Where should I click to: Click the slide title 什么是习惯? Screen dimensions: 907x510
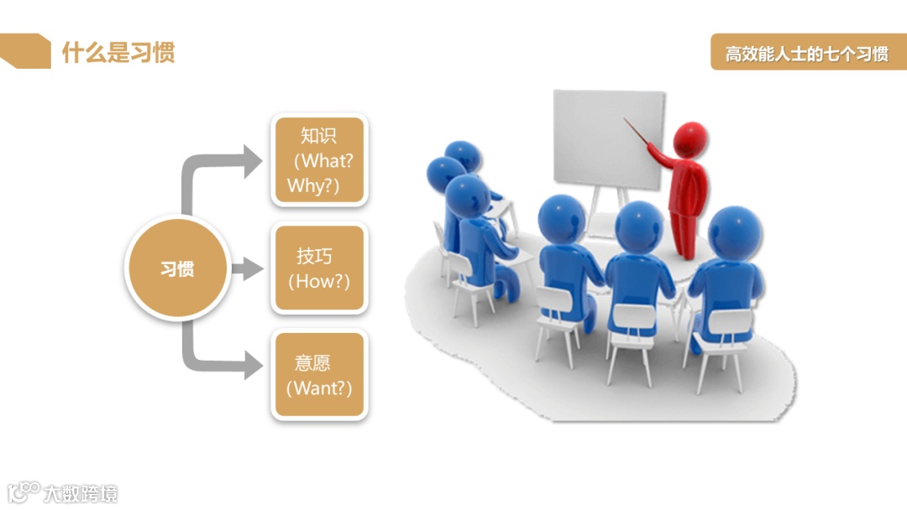point(118,53)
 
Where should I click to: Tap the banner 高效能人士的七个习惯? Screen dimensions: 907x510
point(807,55)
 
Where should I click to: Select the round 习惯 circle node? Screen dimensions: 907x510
point(177,270)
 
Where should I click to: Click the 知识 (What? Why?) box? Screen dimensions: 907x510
point(319,159)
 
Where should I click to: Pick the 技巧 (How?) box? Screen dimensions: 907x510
point(319,268)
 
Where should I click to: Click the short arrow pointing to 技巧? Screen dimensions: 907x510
point(246,269)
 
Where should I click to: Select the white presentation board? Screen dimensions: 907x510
point(608,138)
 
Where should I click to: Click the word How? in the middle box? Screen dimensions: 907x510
point(323,282)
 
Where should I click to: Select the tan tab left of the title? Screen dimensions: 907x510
point(24,51)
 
